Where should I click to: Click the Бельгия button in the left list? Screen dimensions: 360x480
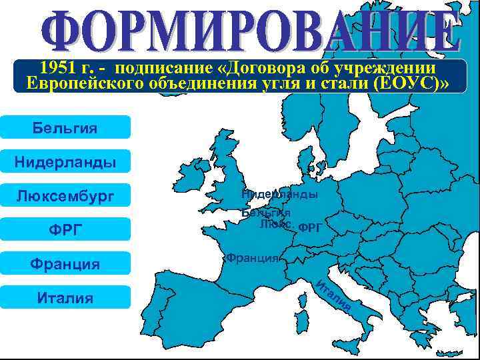pyautogui.click(x=65, y=127)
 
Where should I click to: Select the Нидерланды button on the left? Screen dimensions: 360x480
pyautogui.click(x=65, y=161)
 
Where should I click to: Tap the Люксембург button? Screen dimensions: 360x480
pyautogui.click(x=65, y=196)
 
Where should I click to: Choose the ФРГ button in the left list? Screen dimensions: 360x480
pyautogui.click(x=65, y=230)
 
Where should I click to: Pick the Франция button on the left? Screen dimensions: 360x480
pyautogui.click(x=65, y=264)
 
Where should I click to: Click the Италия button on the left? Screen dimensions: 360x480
pyautogui.click(x=65, y=298)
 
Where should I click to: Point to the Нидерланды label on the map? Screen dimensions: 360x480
pyautogui.click(x=279, y=194)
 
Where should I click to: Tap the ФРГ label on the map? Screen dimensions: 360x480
pyautogui.click(x=310, y=227)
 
